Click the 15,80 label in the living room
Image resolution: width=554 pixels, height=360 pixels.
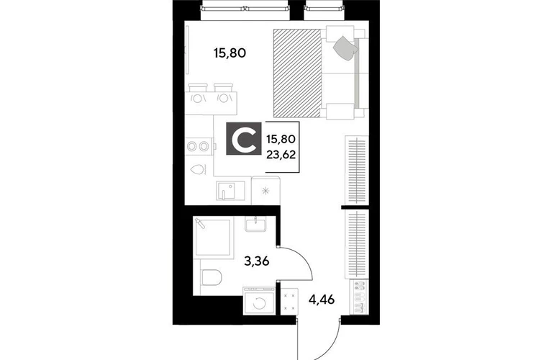coord(230,53)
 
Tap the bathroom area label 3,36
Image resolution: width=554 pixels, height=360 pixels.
coord(257,261)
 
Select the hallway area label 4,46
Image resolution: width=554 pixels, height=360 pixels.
coord(322,300)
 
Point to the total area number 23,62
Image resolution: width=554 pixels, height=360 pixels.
coord(281,155)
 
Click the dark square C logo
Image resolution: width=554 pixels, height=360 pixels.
coord(244,138)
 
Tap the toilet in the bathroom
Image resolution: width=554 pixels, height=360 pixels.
coord(211,277)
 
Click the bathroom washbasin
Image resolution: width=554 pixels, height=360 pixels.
coord(255,223)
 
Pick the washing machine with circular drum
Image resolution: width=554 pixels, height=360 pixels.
coord(259,300)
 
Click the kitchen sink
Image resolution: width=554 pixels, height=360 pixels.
coord(231,191)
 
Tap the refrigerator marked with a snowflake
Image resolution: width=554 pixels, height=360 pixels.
coord(265,191)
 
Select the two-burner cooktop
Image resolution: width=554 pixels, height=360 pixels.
coord(197,146)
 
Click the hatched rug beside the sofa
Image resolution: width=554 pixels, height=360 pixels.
coord(297,73)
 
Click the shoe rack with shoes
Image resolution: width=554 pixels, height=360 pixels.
coord(358,297)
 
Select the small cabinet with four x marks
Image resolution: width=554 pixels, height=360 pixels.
coord(290,301)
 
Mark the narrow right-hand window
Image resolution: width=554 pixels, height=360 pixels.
coord(324,9)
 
